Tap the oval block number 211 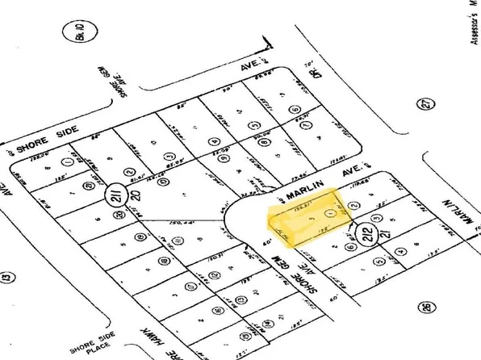(112, 195)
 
